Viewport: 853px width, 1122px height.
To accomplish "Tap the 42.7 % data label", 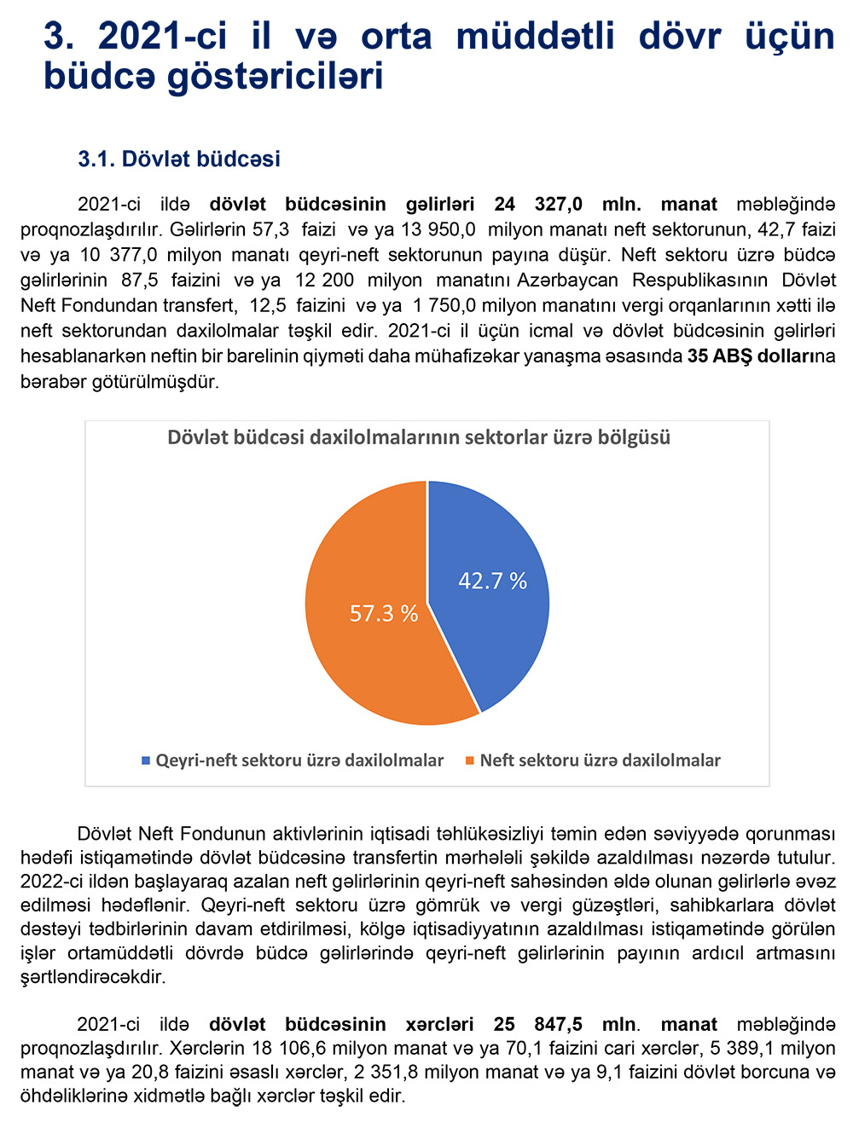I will click(x=492, y=581).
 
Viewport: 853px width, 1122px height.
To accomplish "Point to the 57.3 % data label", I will click(x=384, y=614).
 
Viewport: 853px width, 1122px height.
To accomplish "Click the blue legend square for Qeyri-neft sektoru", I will click(x=146, y=761).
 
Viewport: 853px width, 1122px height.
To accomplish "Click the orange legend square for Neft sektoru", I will click(x=470, y=761).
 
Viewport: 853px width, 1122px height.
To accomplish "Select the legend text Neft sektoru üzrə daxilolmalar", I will click(x=600, y=761).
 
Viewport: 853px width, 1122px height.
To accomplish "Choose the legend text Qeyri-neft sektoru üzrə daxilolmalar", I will click(x=299, y=761).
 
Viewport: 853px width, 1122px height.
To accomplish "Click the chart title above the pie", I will click(x=419, y=438).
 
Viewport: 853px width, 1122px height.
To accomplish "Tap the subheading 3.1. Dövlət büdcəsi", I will click(x=179, y=159).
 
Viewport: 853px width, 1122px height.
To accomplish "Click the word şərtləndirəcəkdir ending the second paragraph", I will click(x=93, y=977).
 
